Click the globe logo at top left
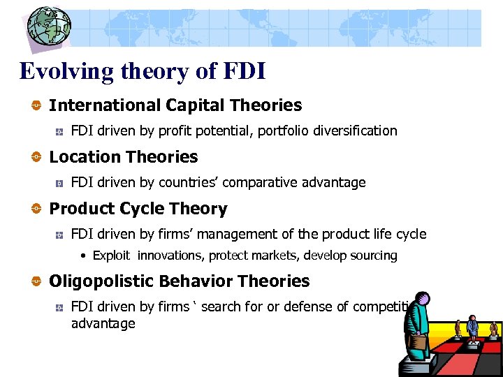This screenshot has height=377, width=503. point(49,28)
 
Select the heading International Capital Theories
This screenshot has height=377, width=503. point(175,105)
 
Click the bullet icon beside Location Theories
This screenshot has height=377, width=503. point(34,158)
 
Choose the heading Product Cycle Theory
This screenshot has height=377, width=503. point(138,209)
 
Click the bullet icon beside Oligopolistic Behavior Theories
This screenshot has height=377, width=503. point(34,282)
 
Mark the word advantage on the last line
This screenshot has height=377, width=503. point(103,324)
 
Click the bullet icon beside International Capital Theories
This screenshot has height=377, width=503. point(34,106)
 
